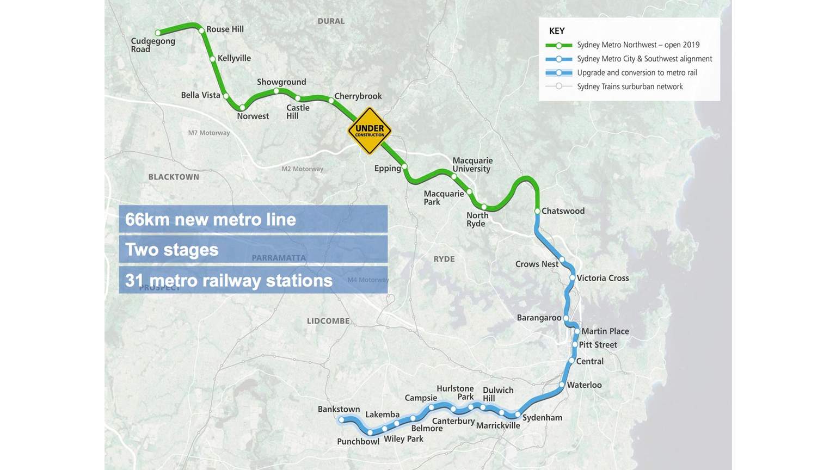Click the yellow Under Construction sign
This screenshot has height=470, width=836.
coord(370,131)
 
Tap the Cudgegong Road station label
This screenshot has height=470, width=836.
coord(153,45)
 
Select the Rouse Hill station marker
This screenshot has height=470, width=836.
coord(202,30)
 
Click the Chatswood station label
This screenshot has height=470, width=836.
coord(563,211)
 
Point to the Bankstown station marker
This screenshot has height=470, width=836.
coord(341,419)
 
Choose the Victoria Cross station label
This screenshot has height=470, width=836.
coord(603,278)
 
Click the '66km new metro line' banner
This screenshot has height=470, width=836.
coord(253,219)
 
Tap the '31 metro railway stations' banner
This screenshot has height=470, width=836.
coord(253,280)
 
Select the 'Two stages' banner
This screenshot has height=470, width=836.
coord(253,250)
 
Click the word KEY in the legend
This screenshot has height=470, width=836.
coord(557,31)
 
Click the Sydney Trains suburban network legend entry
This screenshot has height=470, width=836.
coord(630,86)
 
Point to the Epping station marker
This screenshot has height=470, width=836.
coord(404,166)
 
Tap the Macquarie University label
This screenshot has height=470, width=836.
coord(472,164)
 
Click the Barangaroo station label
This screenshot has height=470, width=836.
coord(539,318)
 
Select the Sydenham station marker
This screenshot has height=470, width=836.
coord(518,415)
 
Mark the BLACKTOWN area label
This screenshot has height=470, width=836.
coord(174,177)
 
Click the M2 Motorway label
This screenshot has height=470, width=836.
coord(302,169)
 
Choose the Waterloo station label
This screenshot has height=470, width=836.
coord(584,385)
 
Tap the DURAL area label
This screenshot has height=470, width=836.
coord(331,21)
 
